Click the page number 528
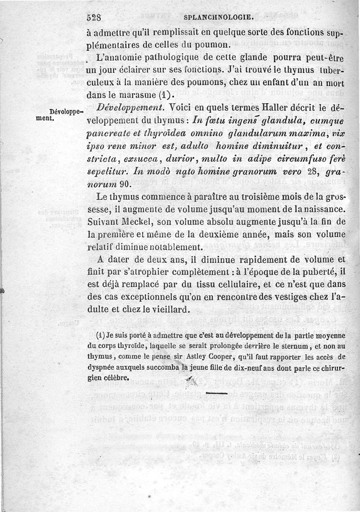click(96, 18)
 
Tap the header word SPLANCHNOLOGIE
click(219, 18)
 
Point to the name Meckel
click(135, 222)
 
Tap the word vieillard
click(168, 310)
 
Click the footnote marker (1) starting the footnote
click(101, 335)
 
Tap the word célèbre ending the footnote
click(117, 377)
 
